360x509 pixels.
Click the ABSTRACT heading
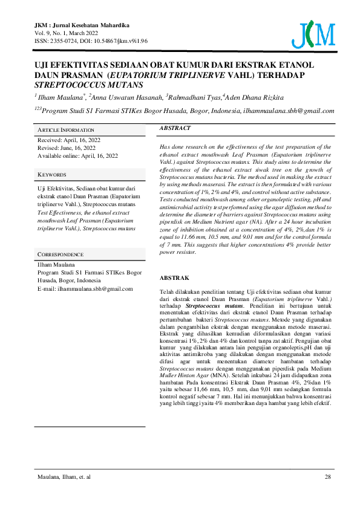[175, 128]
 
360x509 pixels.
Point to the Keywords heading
[52, 174]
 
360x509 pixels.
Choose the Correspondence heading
[61, 254]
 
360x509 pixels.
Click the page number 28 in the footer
[327, 477]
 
